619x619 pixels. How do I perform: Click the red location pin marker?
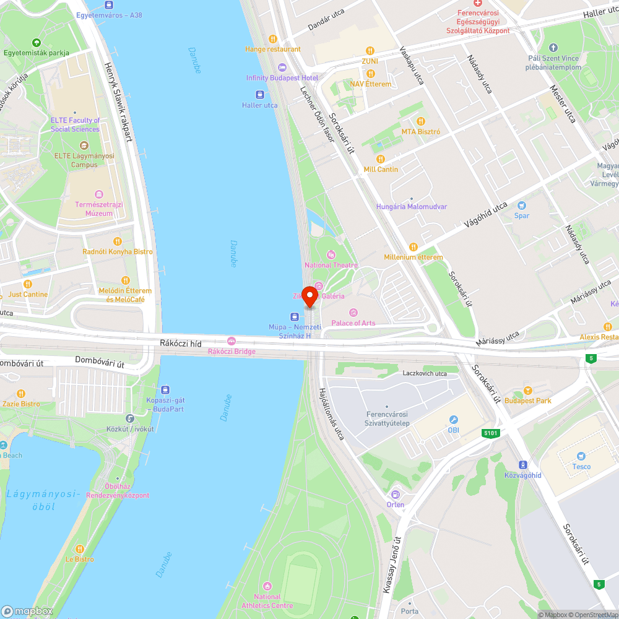309,297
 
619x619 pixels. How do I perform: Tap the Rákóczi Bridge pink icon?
232,341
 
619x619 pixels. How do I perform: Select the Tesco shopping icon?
581,456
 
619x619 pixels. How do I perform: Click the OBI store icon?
453,420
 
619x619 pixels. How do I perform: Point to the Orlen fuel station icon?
395,494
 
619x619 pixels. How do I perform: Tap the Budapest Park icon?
527,390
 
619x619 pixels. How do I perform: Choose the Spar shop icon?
522,206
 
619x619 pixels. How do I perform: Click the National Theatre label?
331,265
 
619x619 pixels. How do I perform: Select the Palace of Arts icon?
353,313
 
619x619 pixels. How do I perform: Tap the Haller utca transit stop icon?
260,95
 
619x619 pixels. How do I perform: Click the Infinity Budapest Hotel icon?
282,67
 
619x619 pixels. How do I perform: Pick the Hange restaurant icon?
272,38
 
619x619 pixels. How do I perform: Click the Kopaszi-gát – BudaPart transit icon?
165,390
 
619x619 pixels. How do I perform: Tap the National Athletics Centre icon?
267,586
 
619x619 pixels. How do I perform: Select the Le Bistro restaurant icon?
79,548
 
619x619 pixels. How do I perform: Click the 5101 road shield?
490,433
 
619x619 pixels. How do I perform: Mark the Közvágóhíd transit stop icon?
523,464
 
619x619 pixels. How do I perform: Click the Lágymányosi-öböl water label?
43,500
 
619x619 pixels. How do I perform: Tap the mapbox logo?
27,610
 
